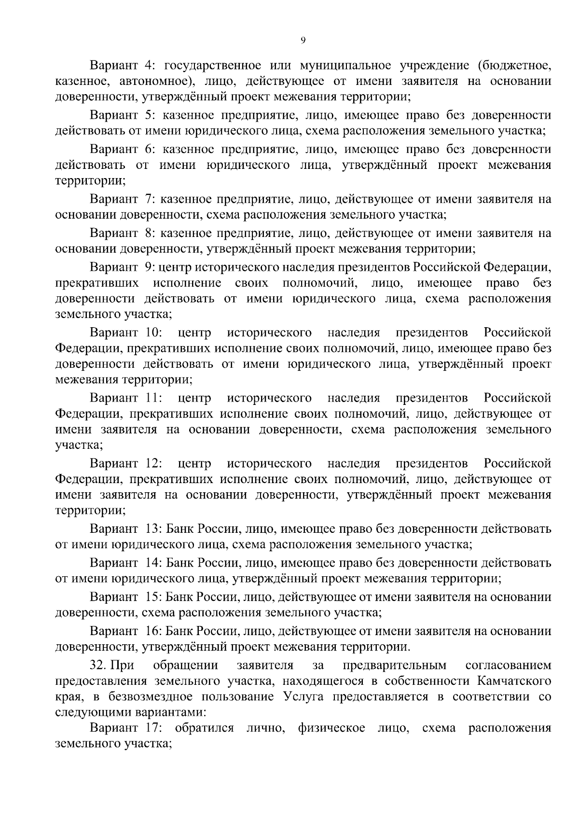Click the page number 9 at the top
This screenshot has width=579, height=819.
(x=303, y=41)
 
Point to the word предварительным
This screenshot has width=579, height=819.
(x=394, y=666)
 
